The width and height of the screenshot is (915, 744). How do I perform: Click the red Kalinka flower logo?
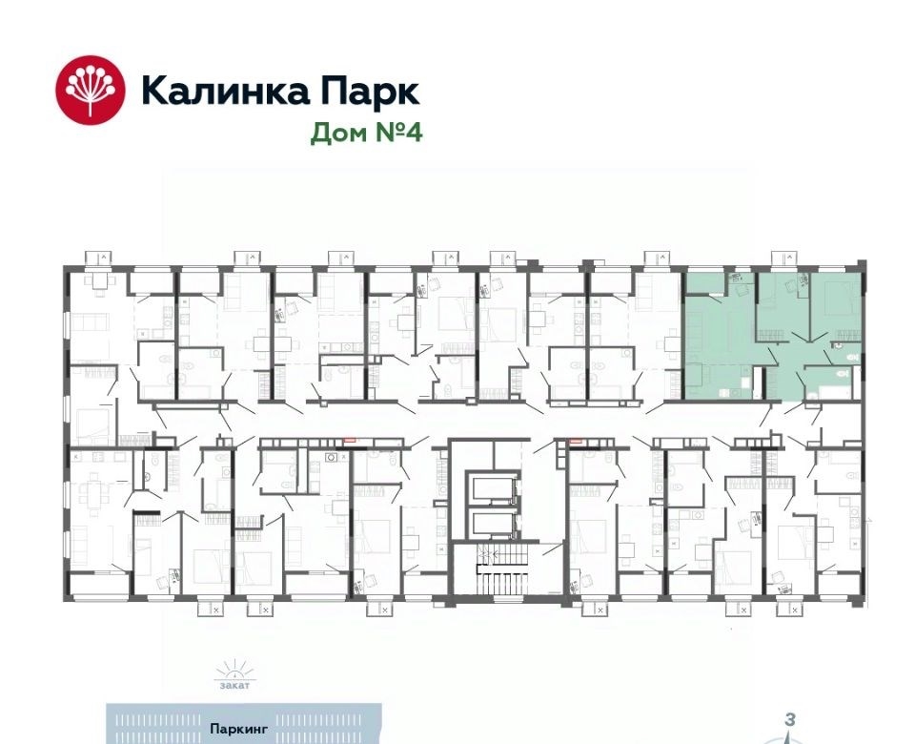point(91,90)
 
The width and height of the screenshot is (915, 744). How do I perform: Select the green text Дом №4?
point(366,133)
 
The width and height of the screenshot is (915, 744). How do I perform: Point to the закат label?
point(234,685)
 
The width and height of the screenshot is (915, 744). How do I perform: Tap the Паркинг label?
point(238,729)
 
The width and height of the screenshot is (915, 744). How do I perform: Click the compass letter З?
point(789,719)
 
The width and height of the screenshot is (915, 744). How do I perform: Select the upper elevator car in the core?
point(492,487)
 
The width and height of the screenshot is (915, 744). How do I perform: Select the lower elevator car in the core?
point(492,525)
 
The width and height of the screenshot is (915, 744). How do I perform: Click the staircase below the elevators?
point(502,568)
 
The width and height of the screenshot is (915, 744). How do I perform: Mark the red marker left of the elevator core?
point(349,442)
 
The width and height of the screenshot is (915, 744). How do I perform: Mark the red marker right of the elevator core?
point(577,442)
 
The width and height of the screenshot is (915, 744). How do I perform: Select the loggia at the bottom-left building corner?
point(98,585)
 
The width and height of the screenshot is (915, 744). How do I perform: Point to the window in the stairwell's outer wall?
point(508,598)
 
